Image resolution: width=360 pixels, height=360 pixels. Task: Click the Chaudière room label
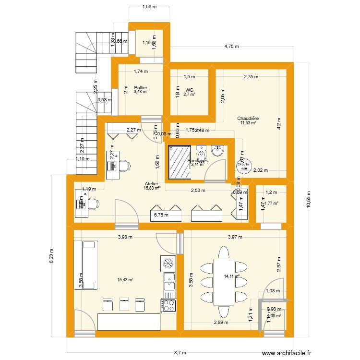click(x=248, y=118)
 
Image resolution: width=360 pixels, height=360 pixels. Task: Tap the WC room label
click(x=190, y=89)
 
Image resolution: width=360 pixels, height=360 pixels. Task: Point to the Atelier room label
click(x=152, y=183)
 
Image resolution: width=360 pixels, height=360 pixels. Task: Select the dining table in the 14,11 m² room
click(x=223, y=282)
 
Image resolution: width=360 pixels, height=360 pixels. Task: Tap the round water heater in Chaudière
click(x=243, y=167)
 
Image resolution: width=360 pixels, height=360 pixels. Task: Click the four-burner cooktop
click(x=169, y=305)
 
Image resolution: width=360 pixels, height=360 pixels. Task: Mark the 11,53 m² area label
click(x=248, y=123)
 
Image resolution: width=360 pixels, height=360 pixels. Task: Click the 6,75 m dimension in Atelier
click(x=160, y=216)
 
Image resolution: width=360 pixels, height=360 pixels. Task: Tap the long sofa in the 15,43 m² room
click(x=85, y=265)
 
